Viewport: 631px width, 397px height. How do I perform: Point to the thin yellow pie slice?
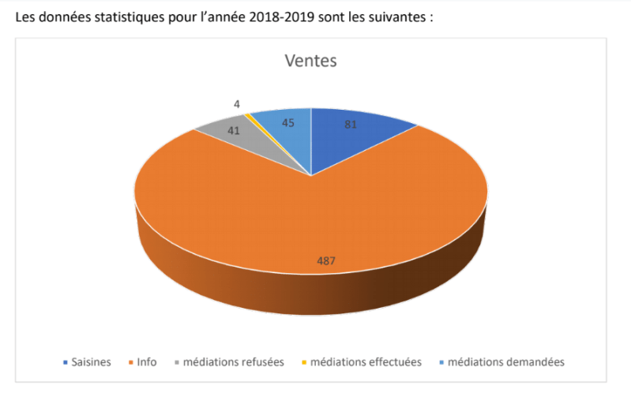(x=250, y=116)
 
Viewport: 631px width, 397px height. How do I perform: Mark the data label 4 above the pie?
(x=237, y=103)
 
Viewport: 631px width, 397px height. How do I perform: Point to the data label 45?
(x=287, y=122)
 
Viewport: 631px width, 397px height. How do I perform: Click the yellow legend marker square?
(x=303, y=363)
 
